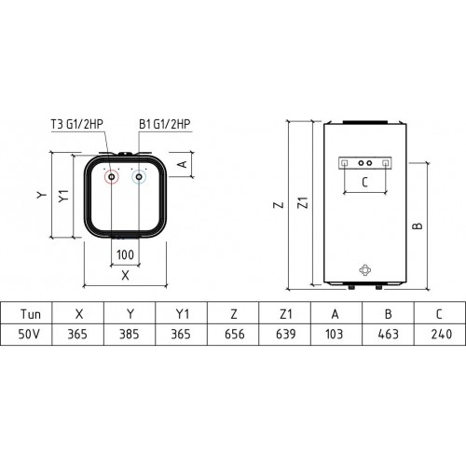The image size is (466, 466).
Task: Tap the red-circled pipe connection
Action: pos(113,177)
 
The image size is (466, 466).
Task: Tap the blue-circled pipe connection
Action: pos(140,177)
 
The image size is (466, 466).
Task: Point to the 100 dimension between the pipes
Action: pos(125,254)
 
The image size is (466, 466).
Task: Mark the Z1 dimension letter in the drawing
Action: pos(300,203)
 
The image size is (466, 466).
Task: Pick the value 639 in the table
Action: pos(284,333)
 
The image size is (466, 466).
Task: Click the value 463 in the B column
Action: pos(389,333)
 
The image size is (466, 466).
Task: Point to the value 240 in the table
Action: pos(438,333)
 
